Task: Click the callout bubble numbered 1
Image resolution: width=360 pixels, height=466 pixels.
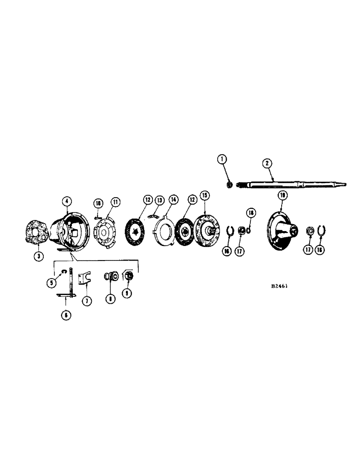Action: click(x=222, y=159)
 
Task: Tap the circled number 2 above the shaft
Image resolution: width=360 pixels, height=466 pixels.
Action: click(x=267, y=163)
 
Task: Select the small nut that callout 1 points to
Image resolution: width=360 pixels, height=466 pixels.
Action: click(x=229, y=185)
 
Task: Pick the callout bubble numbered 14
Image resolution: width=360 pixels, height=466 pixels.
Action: click(x=174, y=200)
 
